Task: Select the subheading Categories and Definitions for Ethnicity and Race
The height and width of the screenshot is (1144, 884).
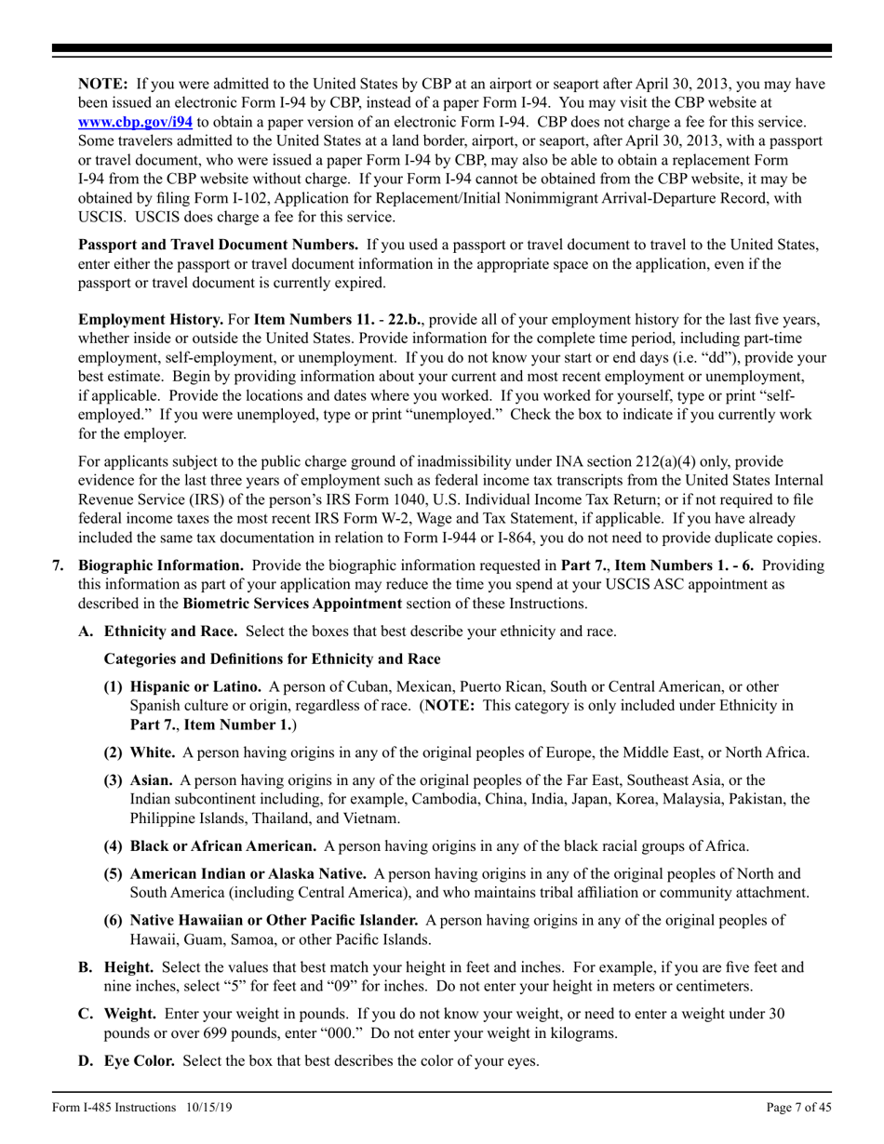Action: [273, 659]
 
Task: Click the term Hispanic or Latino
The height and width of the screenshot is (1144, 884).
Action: [195, 686]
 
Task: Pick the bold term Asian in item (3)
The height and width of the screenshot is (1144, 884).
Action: [151, 779]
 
